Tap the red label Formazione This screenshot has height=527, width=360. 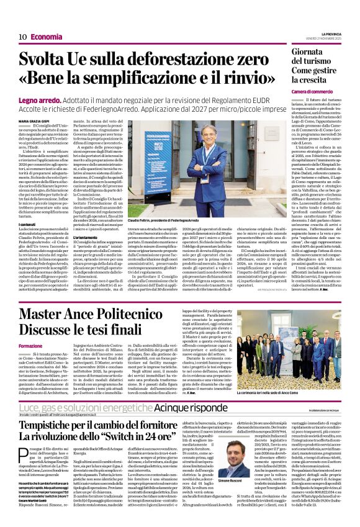coord(30,345)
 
